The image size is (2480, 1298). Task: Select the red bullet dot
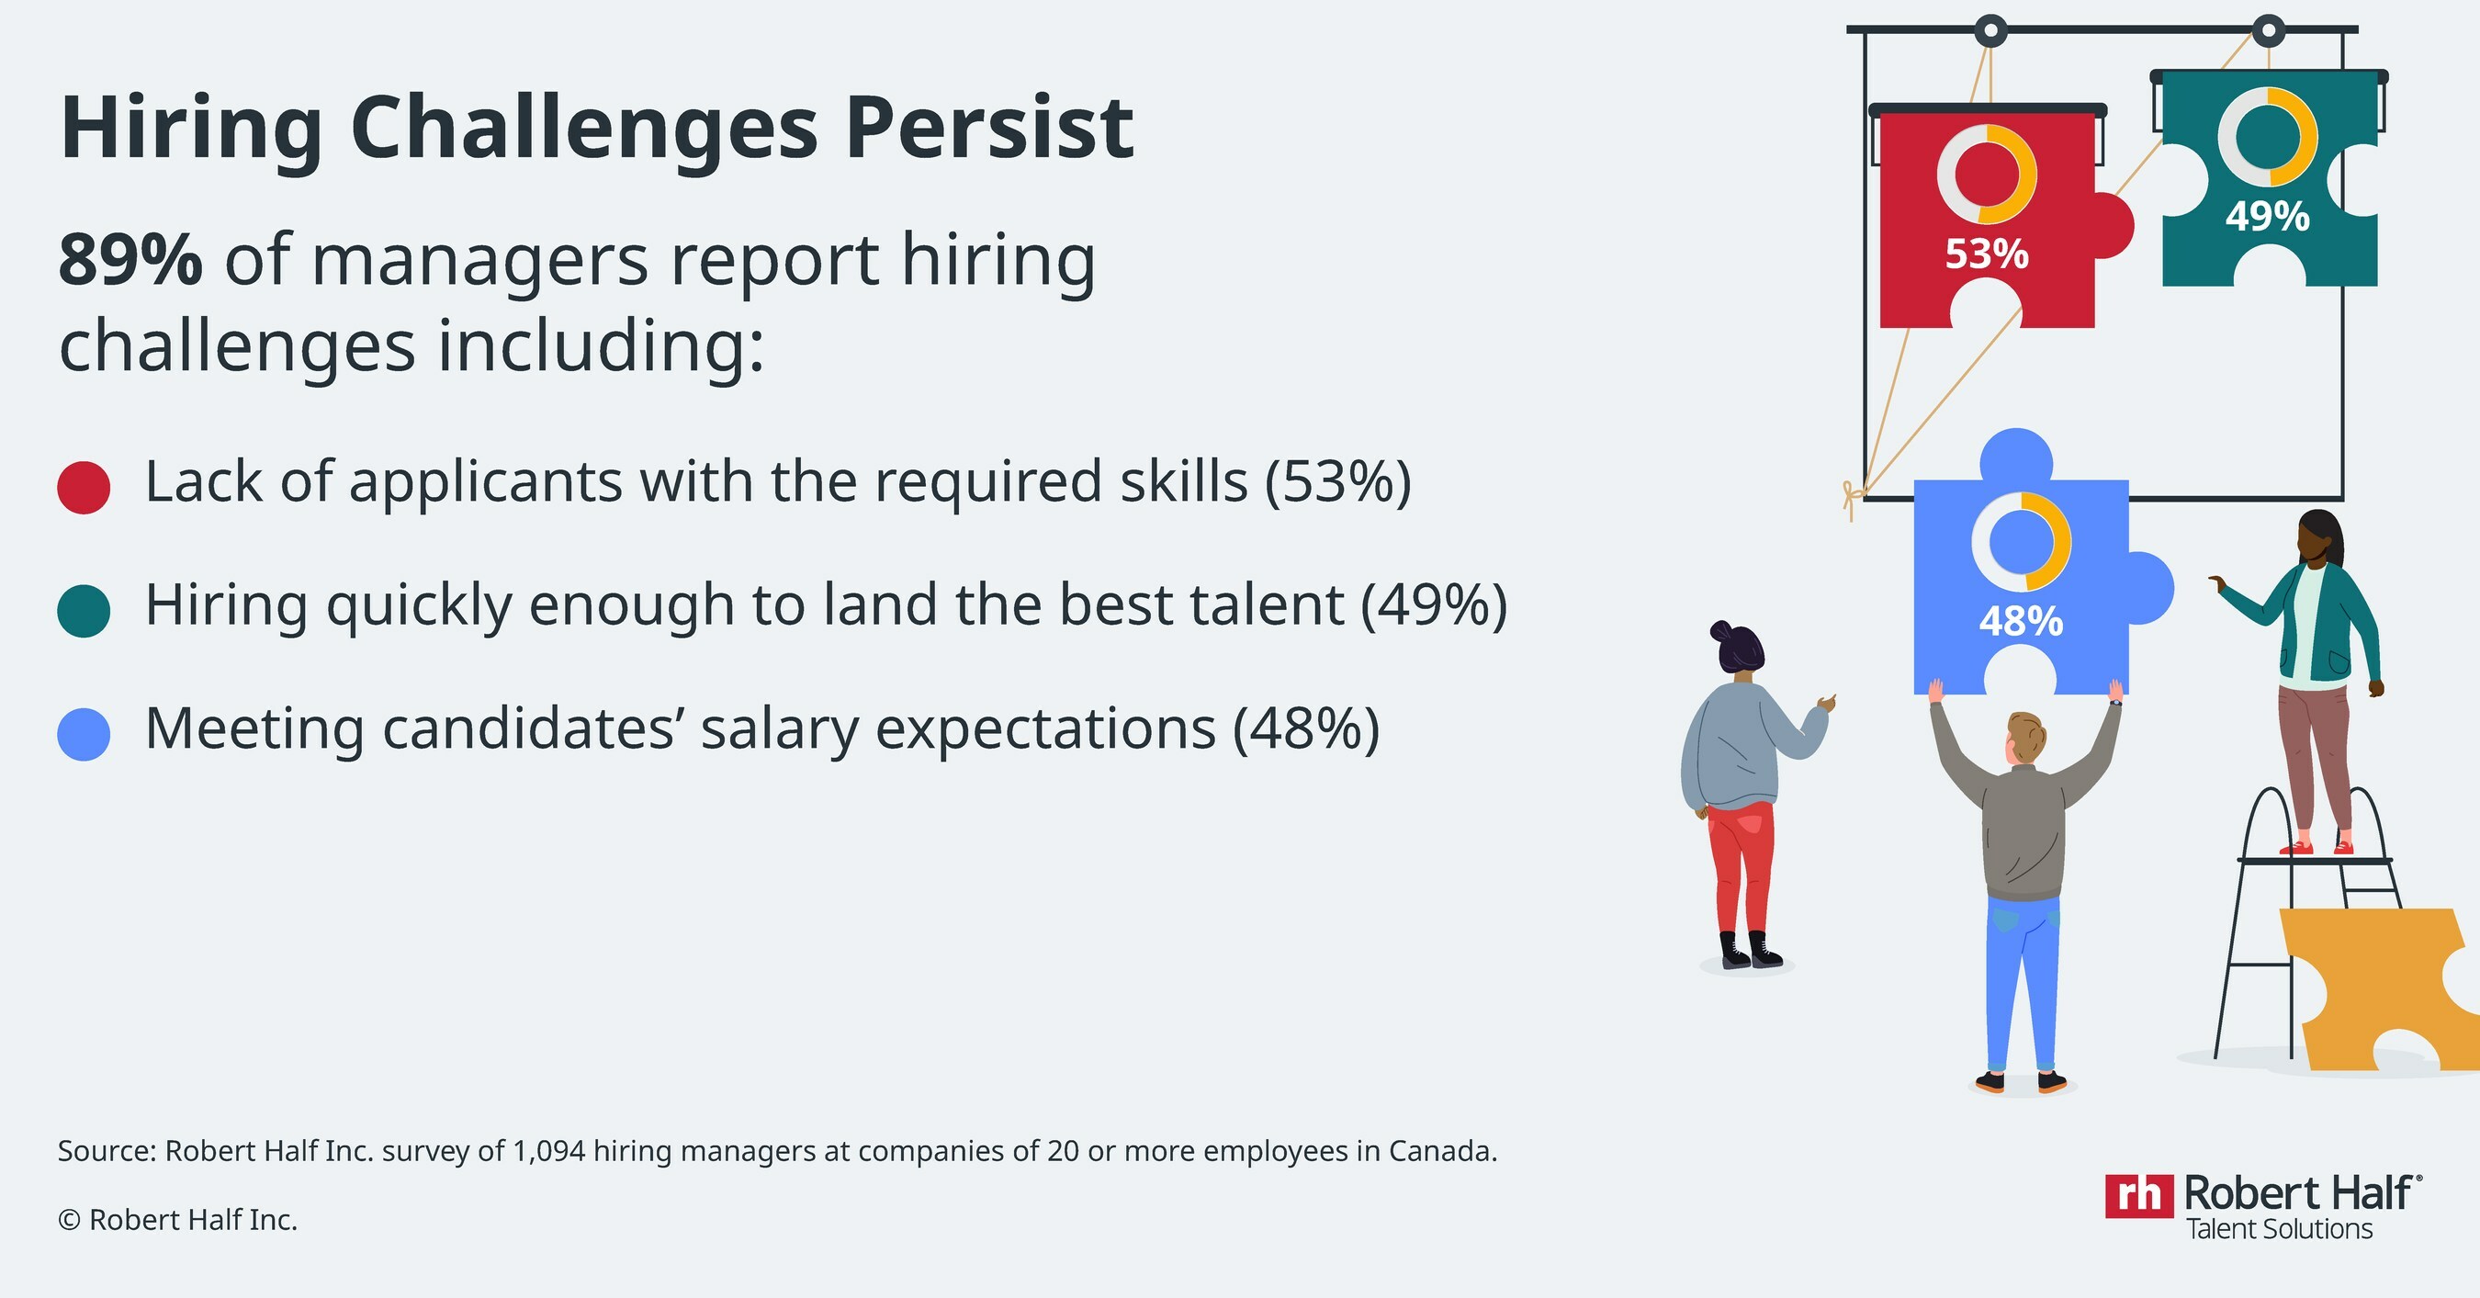tap(84, 487)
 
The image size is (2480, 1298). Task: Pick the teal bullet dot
tap(84, 611)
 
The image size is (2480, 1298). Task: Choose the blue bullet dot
tap(84, 735)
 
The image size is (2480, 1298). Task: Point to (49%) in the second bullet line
tap(1434, 604)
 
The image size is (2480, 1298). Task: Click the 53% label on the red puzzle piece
tap(1986, 254)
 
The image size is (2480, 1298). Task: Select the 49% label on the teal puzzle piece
tap(2267, 217)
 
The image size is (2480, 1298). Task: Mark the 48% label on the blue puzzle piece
tap(2021, 621)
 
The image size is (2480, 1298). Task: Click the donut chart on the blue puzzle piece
tap(2021, 542)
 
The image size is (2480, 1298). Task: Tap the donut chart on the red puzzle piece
tap(1987, 175)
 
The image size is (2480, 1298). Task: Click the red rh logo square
tap(2139, 1196)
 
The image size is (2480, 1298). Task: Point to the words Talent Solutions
tap(2279, 1230)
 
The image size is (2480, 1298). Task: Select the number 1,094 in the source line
tap(548, 1152)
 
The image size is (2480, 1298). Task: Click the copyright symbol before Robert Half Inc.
tap(69, 1220)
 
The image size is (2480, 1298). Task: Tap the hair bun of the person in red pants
tap(1722, 632)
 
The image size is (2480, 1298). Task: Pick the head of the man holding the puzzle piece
tap(2025, 739)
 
